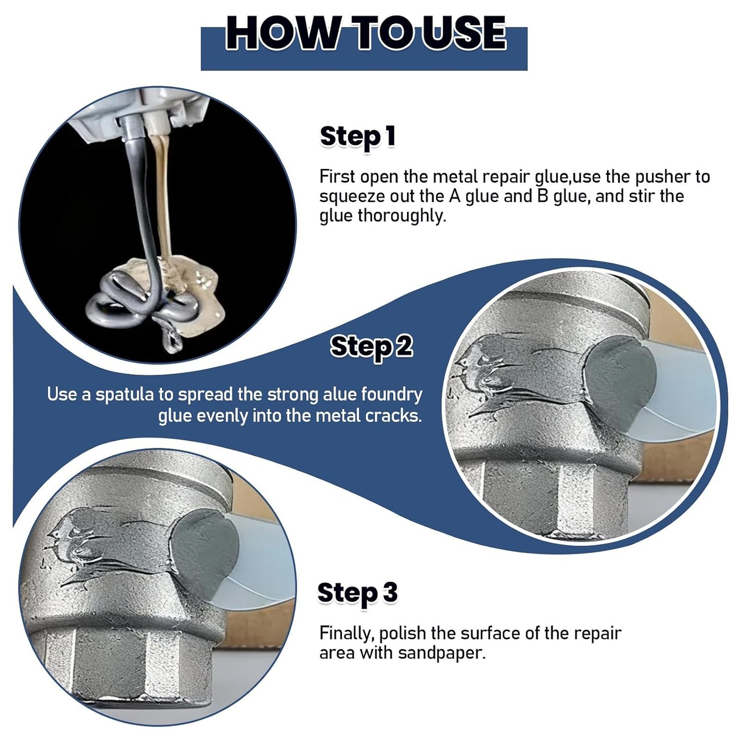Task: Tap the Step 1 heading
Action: (358, 137)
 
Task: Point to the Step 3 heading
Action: (358, 593)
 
